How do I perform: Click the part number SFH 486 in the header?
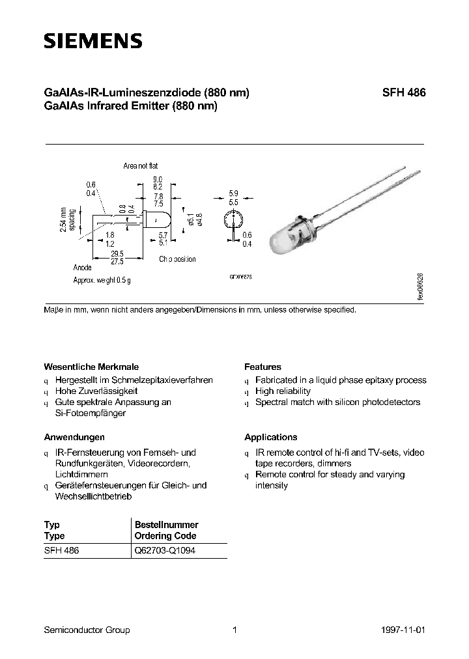(403, 93)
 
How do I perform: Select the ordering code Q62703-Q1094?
(164, 550)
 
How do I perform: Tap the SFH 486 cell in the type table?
(61, 550)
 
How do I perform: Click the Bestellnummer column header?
(166, 524)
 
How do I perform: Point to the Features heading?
(263, 367)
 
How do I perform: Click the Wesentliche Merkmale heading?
(91, 367)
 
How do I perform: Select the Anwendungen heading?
(74, 437)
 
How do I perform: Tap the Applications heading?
(271, 437)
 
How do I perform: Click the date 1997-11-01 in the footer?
(405, 630)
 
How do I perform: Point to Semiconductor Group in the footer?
(87, 630)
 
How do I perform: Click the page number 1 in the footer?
(234, 630)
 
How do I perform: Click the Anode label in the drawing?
(82, 268)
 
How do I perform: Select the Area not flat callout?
(140, 166)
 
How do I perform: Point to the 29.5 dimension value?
(117, 253)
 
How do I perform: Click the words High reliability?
(283, 391)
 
